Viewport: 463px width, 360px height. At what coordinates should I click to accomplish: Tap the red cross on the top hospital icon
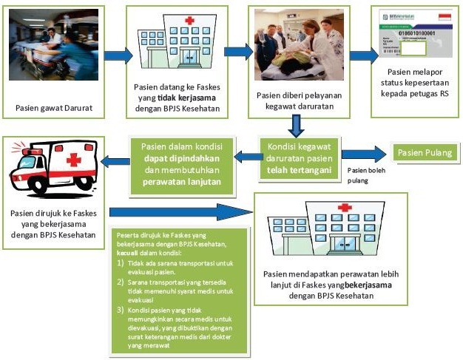click(x=189, y=21)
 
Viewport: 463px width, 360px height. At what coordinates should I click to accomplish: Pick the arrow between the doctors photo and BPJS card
click(x=362, y=55)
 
